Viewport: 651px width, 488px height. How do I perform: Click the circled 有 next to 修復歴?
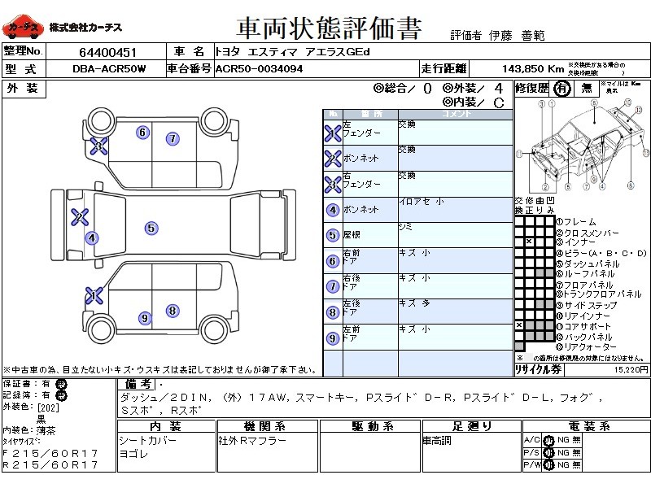coord(562,89)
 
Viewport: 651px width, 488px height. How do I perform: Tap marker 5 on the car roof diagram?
coord(151,229)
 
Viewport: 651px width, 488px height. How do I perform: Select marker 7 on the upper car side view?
coord(173,139)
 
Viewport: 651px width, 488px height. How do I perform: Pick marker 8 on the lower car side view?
coord(173,310)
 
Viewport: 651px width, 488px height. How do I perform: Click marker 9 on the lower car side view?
coord(145,318)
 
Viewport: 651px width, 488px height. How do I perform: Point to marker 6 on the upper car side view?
coord(142,133)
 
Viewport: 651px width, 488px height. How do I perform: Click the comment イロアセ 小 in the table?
coord(421,202)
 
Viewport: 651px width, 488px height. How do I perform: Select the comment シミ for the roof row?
coord(405,227)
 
